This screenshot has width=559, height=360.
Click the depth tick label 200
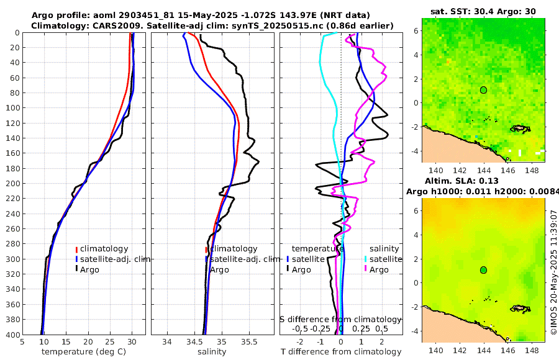click(x=12, y=184)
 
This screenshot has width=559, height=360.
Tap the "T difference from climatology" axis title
click(x=340, y=352)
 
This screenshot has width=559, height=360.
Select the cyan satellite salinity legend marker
click(x=366, y=259)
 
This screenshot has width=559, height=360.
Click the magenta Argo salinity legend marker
click(x=366, y=269)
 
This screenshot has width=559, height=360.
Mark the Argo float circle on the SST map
click(x=483, y=90)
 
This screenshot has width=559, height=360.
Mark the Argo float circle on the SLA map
click(x=483, y=270)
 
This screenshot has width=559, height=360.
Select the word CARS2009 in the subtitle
click(x=100, y=25)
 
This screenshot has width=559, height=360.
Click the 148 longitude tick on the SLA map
click(x=532, y=351)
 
